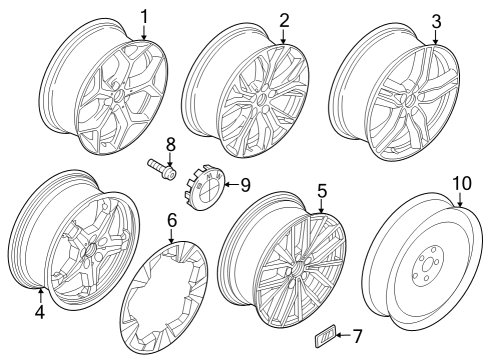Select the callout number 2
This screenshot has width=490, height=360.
click(x=284, y=19)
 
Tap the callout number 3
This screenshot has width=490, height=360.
click(x=435, y=20)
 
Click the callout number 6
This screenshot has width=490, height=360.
click(x=171, y=219)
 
